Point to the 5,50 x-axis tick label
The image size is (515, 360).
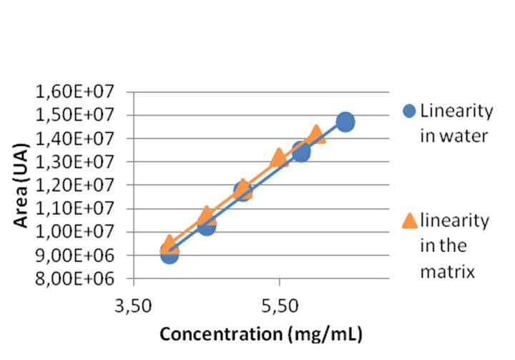coord(279,306)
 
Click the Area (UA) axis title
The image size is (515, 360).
coord(24,185)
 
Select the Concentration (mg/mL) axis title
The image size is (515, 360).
coord(260,334)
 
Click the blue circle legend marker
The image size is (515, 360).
coord(409,111)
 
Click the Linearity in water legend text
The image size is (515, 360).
coord(456,122)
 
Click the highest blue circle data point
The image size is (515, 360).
coord(345,122)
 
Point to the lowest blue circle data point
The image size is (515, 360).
coord(169,253)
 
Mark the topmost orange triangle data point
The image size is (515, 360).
coord(316,134)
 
